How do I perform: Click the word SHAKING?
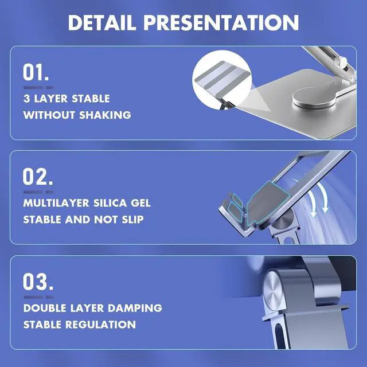click(x=106, y=115)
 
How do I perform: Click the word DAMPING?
click(x=138, y=308)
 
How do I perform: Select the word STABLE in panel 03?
click(x=41, y=325)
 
